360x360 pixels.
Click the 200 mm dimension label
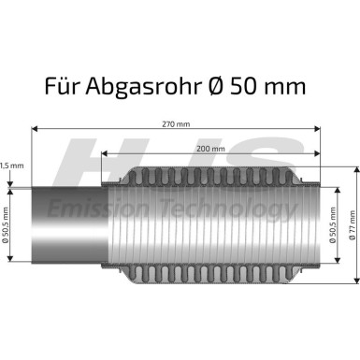[210, 149]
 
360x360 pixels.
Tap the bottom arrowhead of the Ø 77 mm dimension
[355, 279]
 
